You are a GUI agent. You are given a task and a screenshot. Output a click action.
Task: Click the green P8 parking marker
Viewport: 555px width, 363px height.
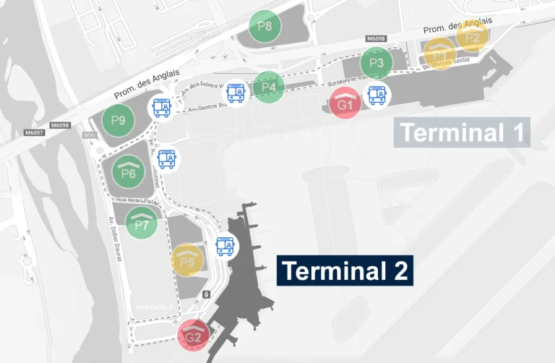(x=265, y=27)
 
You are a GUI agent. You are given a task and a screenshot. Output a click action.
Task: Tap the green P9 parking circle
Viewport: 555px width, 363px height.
(x=118, y=120)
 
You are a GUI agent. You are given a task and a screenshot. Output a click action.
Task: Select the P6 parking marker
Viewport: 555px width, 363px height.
(x=129, y=171)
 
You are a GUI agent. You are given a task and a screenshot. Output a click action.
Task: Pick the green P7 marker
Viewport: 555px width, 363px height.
(x=142, y=223)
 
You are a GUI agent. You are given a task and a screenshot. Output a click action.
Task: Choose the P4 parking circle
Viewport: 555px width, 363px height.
(x=269, y=87)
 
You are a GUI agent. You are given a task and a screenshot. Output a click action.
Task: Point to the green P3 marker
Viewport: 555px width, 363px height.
(x=377, y=63)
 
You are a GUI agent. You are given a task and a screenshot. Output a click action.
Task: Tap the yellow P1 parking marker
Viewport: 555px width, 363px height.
(x=439, y=54)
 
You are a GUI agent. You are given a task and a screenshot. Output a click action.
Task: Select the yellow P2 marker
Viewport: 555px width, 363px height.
(x=473, y=35)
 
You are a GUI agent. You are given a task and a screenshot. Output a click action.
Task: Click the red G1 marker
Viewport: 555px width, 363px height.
(x=345, y=104)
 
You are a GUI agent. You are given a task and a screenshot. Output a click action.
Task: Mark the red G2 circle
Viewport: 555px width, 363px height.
(x=193, y=336)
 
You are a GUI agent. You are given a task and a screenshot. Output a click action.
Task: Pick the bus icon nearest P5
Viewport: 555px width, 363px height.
(x=226, y=247)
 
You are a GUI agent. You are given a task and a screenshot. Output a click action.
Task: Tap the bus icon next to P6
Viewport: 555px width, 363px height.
(x=167, y=158)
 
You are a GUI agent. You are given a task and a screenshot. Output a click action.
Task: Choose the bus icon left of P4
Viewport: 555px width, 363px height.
(x=236, y=92)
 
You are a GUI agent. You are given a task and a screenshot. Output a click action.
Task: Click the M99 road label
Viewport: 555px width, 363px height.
(x=90, y=135)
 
